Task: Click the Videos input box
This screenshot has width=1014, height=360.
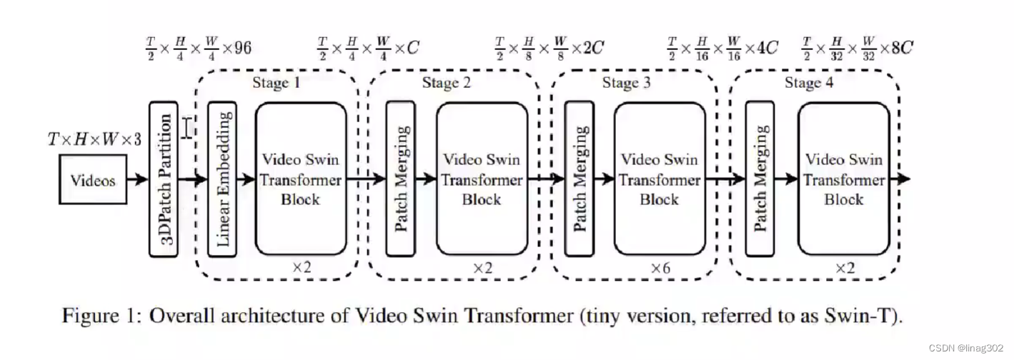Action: click(x=93, y=180)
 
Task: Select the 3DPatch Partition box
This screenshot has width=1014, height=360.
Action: click(x=164, y=179)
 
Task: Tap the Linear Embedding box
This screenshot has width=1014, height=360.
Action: click(x=222, y=179)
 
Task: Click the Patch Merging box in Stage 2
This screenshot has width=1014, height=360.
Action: click(x=401, y=179)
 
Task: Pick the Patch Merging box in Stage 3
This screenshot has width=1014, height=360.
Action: click(x=580, y=179)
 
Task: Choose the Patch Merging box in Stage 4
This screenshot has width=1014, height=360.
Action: click(x=760, y=179)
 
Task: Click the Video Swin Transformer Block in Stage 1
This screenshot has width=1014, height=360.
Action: click(x=301, y=179)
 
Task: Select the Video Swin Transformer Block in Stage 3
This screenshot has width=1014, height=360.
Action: click(x=659, y=179)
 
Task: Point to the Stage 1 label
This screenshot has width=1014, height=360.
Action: click(x=276, y=83)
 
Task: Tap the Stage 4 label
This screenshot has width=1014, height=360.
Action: click(x=809, y=83)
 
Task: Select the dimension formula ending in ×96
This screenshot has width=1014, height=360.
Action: click(x=197, y=49)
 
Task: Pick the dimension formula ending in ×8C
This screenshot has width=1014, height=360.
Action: click(x=857, y=49)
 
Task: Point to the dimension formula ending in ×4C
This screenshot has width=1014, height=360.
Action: click(x=722, y=49)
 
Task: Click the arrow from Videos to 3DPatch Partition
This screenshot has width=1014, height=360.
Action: click(x=138, y=179)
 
